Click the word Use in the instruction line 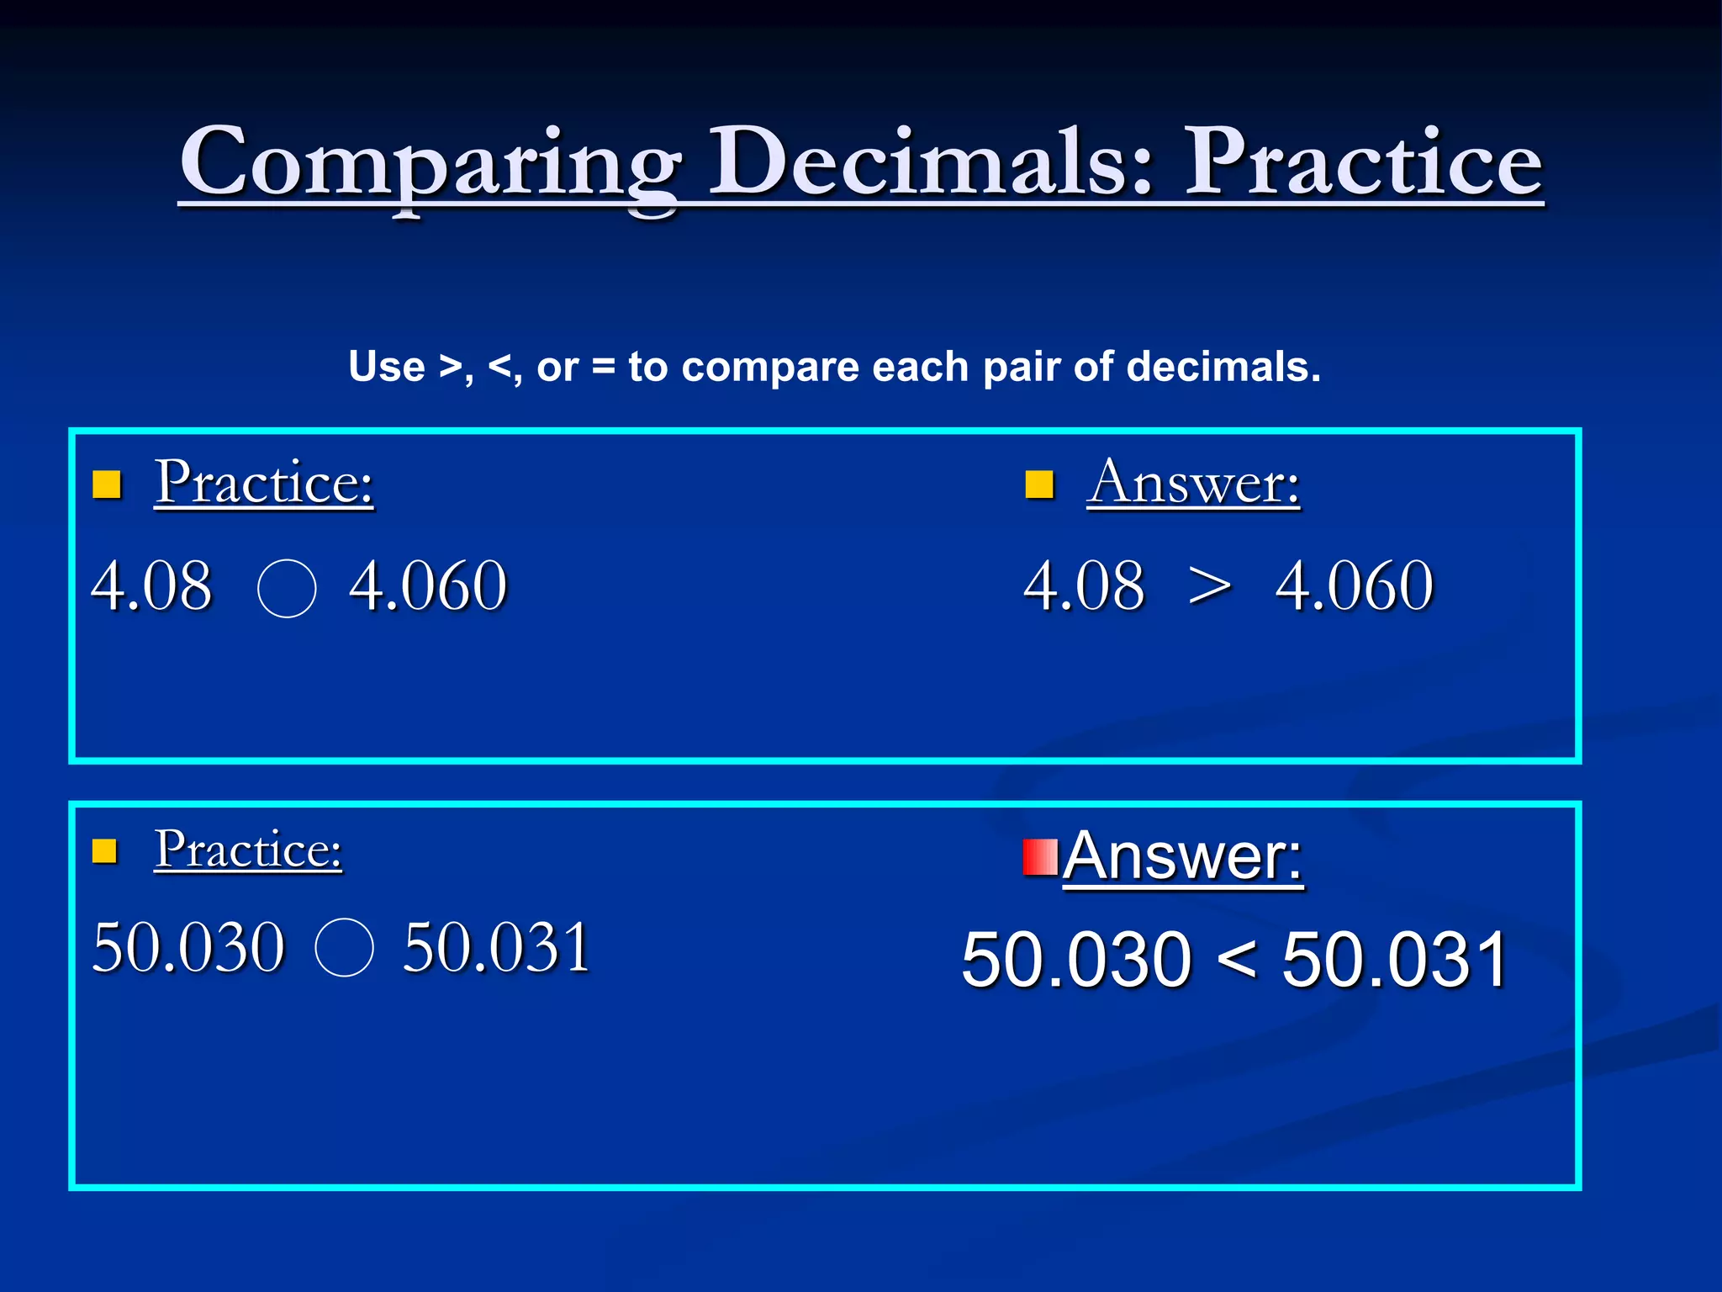387,367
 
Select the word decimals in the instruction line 1223,367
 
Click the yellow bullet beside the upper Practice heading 107,484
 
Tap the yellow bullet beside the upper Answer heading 1039,484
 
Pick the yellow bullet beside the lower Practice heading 104,851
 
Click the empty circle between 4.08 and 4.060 287,588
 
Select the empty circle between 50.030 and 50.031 344,947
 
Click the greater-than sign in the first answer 1210,586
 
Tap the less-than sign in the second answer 1236,960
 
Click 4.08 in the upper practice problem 151,585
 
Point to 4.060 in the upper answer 1354,585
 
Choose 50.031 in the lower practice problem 496,947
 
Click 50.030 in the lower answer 1076,960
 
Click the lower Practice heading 248,849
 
